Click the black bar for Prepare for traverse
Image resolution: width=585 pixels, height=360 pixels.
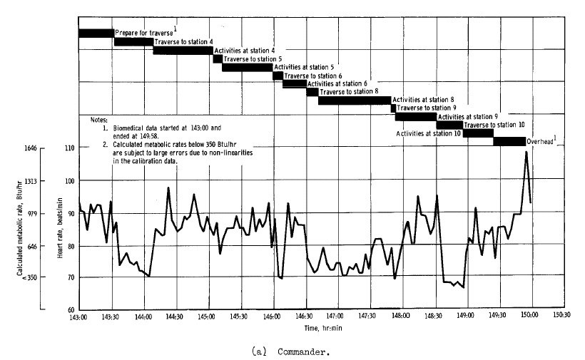[96, 34]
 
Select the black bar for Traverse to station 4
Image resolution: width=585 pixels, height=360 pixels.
[133, 42]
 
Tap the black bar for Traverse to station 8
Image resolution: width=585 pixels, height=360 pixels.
[354, 100]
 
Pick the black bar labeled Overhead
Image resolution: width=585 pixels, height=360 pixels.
[509, 141]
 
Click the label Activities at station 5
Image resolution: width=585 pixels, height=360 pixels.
[305, 67]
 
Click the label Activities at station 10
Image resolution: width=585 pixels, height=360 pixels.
[427, 133]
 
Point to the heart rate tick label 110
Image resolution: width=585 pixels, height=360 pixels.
[69, 148]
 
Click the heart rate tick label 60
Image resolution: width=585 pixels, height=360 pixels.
[71, 310]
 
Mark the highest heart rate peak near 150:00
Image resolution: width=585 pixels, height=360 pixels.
[526, 152]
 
